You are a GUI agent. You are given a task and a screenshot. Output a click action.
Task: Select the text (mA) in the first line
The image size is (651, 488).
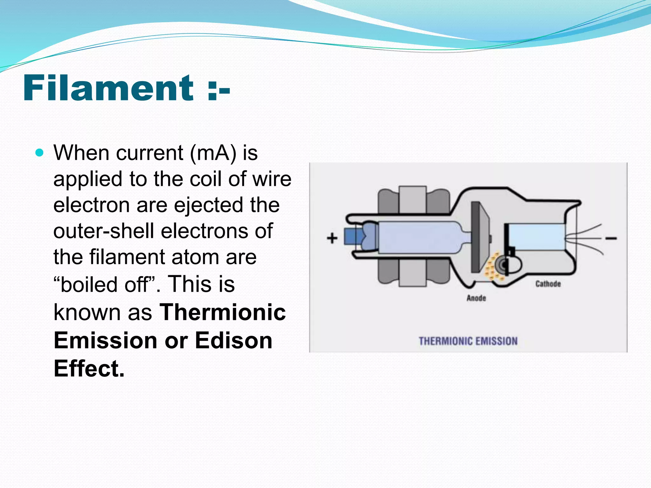click(x=213, y=153)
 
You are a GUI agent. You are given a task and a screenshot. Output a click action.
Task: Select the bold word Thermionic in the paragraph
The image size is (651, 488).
click(x=223, y=312)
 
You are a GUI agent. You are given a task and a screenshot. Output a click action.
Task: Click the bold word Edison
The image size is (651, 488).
click(x=234, y=341)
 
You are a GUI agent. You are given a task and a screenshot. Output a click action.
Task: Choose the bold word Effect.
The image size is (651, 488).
click(x=89, y=369)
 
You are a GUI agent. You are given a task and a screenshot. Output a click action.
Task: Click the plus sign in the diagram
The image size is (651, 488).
click(x=332, y=238)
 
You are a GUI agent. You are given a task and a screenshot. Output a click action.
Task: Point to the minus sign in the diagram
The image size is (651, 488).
click(x=611, y=238)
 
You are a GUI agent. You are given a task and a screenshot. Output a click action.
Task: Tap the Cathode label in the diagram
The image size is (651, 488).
click(x=548, y=284)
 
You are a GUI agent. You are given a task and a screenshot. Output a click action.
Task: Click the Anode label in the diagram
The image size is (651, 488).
click(x=476, y=298)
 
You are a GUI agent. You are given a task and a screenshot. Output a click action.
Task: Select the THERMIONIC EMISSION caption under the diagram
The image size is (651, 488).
click(x=468, y=341)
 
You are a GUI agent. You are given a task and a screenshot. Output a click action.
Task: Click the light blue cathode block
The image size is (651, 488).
click(x=537, y=237)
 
